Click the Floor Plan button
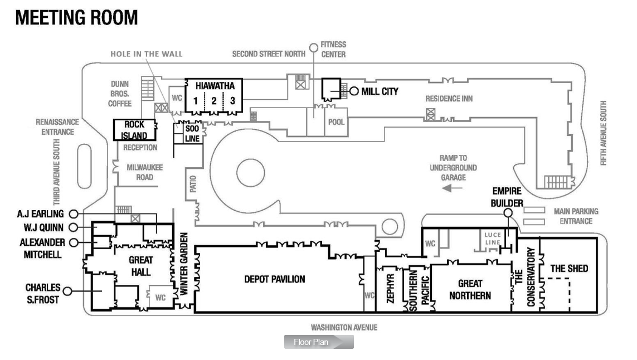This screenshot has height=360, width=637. tap(319, 342)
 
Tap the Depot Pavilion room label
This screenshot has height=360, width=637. tap(275, 279)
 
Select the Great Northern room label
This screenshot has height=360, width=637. tap(470, 289)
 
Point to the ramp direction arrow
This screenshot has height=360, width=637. tap(452, 188)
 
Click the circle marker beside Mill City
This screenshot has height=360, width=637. tap(354, 91)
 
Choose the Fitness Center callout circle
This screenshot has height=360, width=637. tap(314, 48)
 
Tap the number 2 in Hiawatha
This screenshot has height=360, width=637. tap(213, 101)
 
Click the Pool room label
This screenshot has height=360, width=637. tap(337, 122)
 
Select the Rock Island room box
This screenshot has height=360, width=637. tap(134, 130)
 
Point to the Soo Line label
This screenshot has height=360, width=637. tap(192, 134)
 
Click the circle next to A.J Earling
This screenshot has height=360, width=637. tap(74, 214)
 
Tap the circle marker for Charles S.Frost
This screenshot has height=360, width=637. tap(68, 291)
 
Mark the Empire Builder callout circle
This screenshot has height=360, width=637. tap(508, 212)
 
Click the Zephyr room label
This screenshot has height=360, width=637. tap(391, 289)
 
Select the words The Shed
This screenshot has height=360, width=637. tap(569, 269)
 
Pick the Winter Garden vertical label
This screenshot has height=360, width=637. tap(184, 264)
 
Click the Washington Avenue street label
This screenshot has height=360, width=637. tap(344, 328)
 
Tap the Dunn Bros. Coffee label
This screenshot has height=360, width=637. tap(120, 94)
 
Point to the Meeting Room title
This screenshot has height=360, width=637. tap(77, 18)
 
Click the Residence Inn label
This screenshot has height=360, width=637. tap(449, 99)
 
